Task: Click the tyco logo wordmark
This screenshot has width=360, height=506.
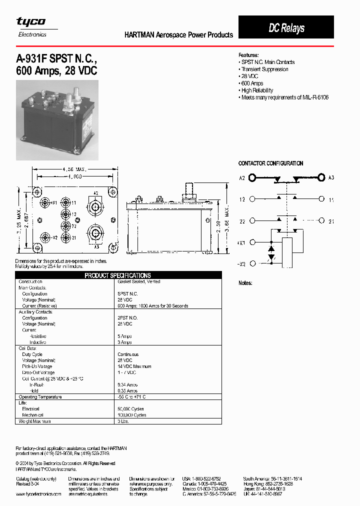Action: point(31,21)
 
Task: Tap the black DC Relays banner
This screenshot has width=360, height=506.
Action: point(286,28)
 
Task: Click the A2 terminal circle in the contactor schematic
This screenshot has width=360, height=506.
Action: point(252,177)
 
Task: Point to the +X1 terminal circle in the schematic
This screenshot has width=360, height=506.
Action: point(252,242)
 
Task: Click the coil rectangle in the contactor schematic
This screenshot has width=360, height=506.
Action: point(287,249)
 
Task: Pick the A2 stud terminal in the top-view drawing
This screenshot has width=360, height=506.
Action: point(95,206)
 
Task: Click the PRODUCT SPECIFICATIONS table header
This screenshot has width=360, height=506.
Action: point(118,275)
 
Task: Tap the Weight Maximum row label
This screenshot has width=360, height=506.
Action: point(34,421)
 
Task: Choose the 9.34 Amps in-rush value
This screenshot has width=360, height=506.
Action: point(127,384)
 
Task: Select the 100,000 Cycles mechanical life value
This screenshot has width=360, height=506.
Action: point(131,415)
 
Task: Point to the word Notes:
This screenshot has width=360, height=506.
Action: point(245,283)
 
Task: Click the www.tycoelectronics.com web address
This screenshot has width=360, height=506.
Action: point(38,493)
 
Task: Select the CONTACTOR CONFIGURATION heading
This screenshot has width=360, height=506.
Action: point(270,163)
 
